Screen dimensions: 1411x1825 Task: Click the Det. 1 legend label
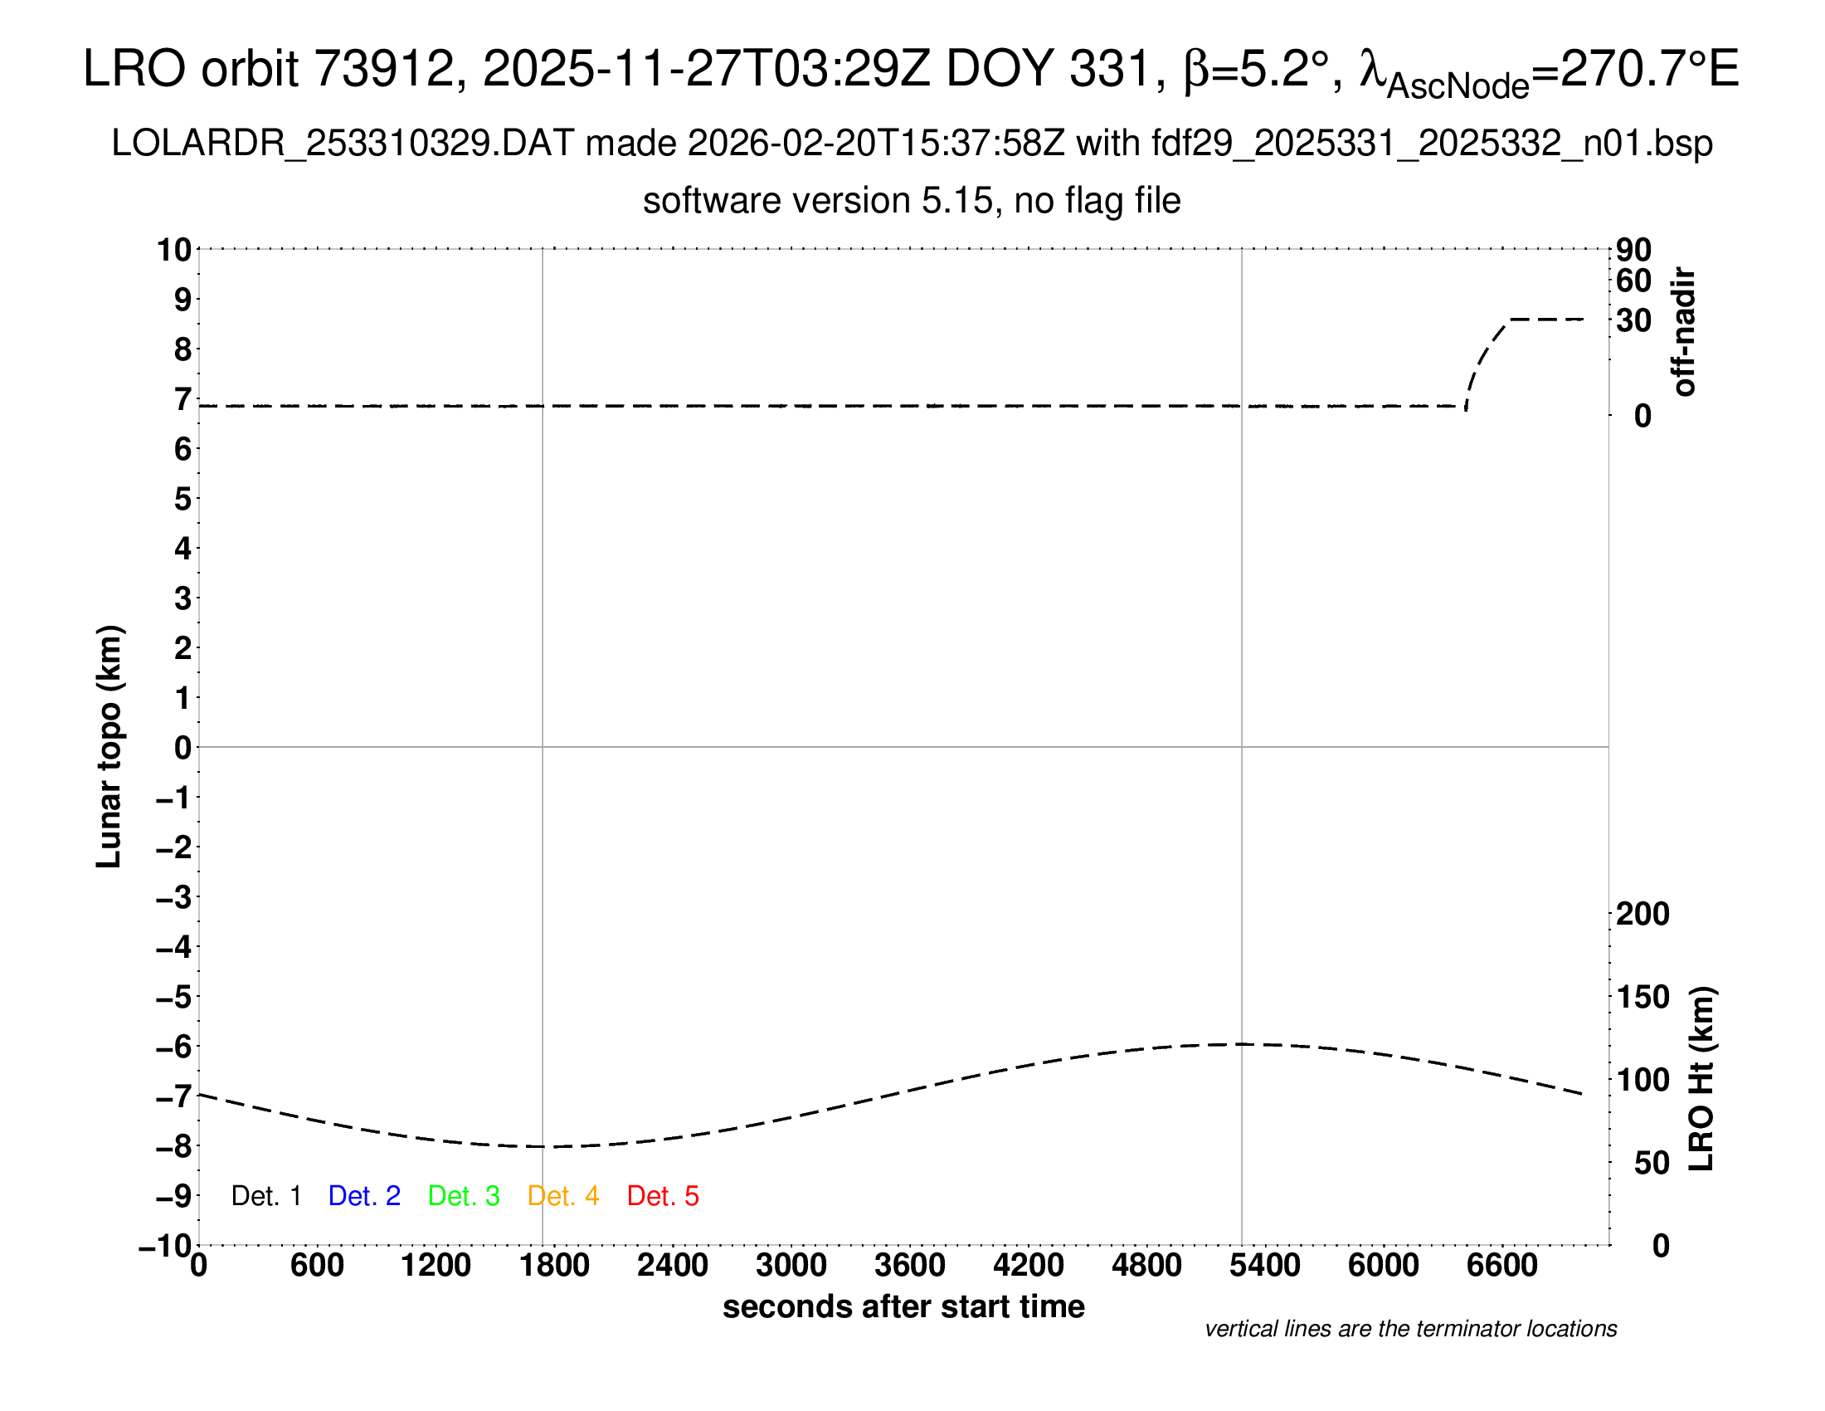pyautogui.click(x=265, y=1196)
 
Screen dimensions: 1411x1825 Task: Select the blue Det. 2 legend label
pyautogui.click(x=364, y=1196)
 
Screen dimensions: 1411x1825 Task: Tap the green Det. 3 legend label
pyautogui.click(x=464, y=1196)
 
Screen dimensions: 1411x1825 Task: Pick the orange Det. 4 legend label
pyautogui.click(x=563, y=1196)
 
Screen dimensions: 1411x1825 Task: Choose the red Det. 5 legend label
pyautogui.click(x=663, y=1196)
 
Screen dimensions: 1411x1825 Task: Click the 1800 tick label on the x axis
pyautogui.click(x=554, y=1266)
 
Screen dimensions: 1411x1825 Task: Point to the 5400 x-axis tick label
pyautogui.click(x=1265, y=1266)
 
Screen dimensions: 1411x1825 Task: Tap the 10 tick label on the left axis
pyautogui.click(x=174, y=249)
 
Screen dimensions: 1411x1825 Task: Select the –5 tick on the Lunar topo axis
pyautogui.click(x=174, y=997)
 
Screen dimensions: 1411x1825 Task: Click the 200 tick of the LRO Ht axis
pyautogui.click(x=1642, y=914)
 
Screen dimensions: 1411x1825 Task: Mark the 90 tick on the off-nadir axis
pyautogui.click(x=1633, y=249)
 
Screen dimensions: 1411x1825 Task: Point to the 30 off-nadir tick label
pyautogui.click(x=1633, y=320)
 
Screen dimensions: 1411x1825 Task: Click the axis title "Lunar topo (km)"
pyautogui.click(x=109, y=746)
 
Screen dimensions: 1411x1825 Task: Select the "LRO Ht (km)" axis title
pyautogui.click(x=1701, y=1079)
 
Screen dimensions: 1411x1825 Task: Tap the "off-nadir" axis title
pyautogui.click(x=1685, y=332)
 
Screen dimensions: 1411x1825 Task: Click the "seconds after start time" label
pyautogui.click(x=903, y=1306)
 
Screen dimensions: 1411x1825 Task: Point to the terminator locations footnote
pyautogui.click(x=1410, y=1329)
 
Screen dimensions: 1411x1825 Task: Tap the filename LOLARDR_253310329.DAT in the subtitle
pyautogui.click(x=343, y=144)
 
